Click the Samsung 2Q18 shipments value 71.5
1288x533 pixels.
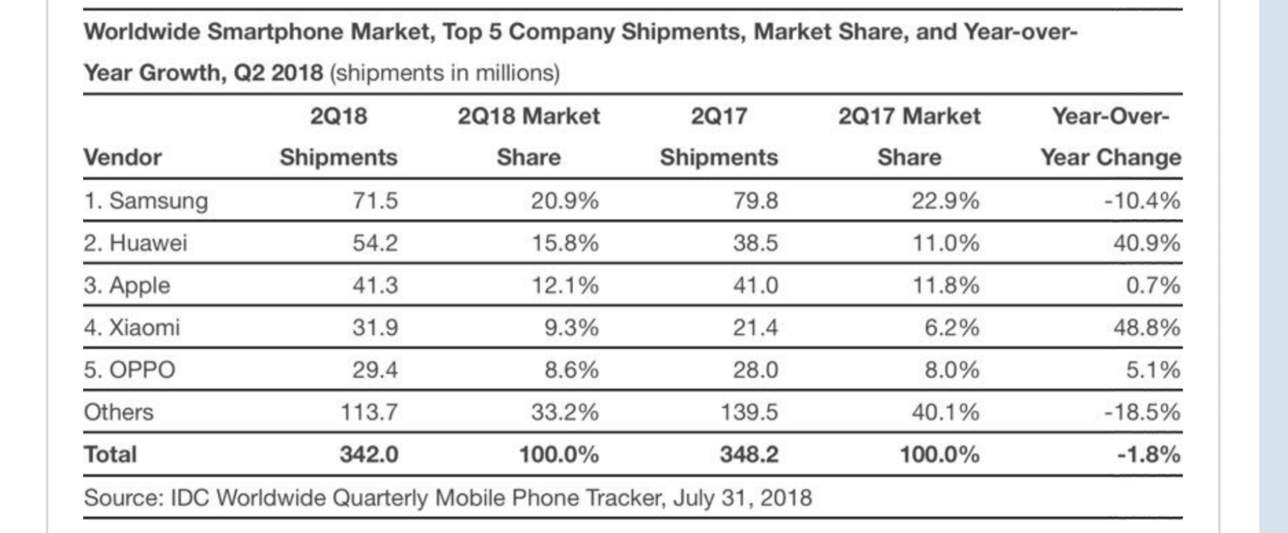(375, 201)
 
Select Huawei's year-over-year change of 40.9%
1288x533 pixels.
(1146, 243)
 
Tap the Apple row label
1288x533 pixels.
(127, 285)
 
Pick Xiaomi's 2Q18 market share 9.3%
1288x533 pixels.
(571, 328)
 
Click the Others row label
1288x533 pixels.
(118, 412)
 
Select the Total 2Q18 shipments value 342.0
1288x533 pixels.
(368, 454)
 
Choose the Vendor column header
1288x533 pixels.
(122, 158)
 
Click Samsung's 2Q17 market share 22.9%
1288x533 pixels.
(945, 201)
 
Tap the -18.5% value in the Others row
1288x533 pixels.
(1142, 412)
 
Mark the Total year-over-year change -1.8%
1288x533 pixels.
(1148, 454)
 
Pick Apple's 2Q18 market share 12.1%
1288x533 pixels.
(565, 285)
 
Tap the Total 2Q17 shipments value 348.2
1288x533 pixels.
(749, 454)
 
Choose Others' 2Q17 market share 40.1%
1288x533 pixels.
(945, 412)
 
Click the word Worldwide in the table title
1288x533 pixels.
(142, 32)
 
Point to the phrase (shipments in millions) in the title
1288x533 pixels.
(444, 72)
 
